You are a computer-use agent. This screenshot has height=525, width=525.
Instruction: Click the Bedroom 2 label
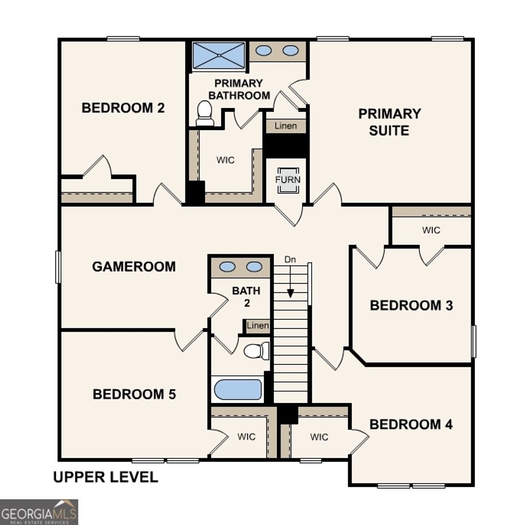tap(123, 108)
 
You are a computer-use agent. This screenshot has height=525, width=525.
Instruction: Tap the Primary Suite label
tap(390, 122)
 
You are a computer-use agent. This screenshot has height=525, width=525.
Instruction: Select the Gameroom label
tap(134, 267)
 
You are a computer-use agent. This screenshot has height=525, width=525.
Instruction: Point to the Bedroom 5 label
tap(134, 394)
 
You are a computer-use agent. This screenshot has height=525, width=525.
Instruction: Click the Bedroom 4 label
tap(411, 425)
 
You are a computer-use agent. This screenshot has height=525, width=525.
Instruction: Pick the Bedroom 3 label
tap(411, 306)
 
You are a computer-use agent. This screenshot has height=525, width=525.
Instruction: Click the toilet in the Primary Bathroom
tap(205, 113)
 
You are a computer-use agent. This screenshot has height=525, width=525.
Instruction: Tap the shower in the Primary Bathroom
tap(219, 55)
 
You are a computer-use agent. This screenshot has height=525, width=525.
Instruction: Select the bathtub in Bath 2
tap(237, 390)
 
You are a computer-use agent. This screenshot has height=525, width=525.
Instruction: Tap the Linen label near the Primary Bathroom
tap(286, 126)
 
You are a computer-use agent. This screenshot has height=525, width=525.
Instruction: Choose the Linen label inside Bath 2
tap(257, 326)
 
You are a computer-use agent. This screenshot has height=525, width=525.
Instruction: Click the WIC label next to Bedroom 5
tap(247, 437)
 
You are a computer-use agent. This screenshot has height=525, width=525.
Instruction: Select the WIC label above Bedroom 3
tap(431, 230)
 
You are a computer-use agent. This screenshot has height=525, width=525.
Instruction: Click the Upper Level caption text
tap(106, 477)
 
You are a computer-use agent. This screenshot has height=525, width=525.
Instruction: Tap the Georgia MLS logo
tap(39, 512)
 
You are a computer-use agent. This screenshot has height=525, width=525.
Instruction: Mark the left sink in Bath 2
tap(227, 267)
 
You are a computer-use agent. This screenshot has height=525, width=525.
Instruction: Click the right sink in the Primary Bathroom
tap(291, 51)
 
